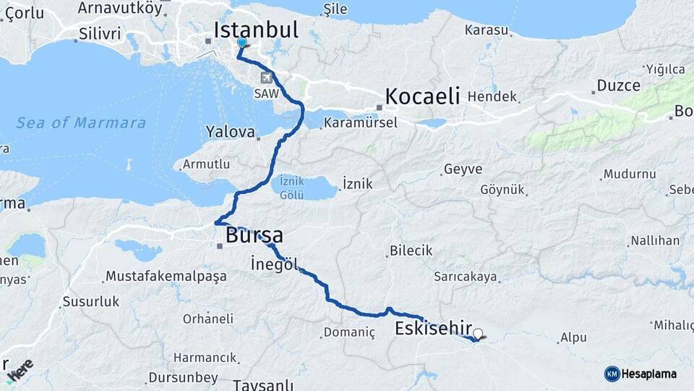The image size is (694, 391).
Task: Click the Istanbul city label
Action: (256, 30)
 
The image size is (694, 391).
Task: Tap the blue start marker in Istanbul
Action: (242, 43)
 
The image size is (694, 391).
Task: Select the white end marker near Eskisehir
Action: (477, 335)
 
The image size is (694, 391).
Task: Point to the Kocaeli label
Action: (422, 96)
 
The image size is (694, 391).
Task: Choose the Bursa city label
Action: (254, 235)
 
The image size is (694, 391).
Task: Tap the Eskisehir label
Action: (434, 329)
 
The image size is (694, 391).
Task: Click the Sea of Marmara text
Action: (81, 122)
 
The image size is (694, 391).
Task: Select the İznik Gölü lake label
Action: (304, 188)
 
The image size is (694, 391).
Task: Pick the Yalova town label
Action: (231, 133)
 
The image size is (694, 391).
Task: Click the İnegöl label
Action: (273, 264)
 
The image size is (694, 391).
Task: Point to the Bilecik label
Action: (411, 251)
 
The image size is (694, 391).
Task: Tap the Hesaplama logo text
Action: (648, 374)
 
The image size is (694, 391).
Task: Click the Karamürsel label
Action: (360, 122)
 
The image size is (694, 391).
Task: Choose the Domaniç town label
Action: (349, 333)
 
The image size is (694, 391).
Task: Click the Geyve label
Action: (462, 169)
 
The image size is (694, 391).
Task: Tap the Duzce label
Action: (618, 85)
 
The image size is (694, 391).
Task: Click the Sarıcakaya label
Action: (466, 277)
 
